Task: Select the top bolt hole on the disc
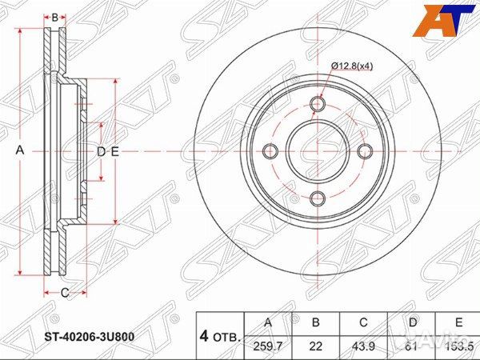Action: tap(317, 104)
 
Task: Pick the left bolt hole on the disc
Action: tap(270, 151)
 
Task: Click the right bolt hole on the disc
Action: tap(365, 151)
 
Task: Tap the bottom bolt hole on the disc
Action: tap(317, 198)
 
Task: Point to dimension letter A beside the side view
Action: tap(22, 151)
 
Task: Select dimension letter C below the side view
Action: tap(64, 293)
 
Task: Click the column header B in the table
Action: tap(315, 322)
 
